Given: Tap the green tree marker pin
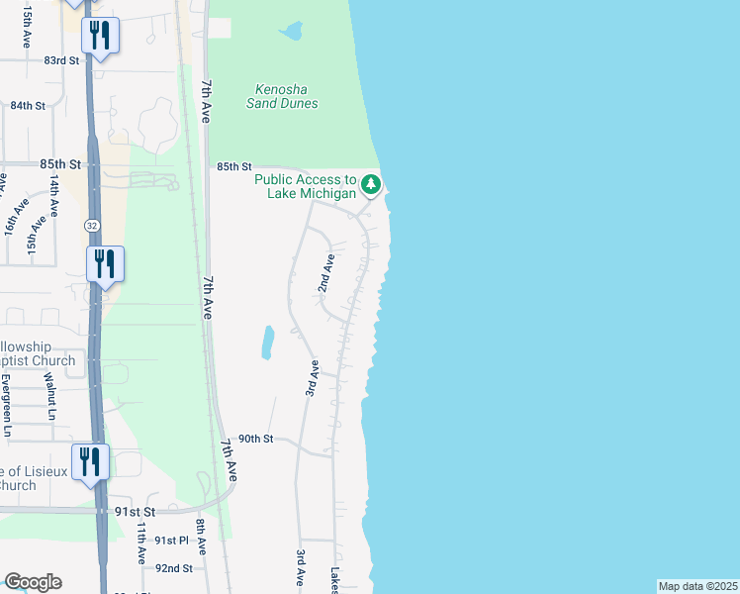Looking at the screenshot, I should coord(371,184).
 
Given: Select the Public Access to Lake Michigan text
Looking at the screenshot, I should coord(305,186).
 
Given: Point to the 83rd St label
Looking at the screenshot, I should coord(60,60).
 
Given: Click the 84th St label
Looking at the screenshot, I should coord(29,106).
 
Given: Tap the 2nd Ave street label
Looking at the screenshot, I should coord(325,272).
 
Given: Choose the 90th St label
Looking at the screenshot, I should coord(253,439).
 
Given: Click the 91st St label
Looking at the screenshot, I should coord(135,512).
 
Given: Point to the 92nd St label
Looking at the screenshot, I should coord(174,568).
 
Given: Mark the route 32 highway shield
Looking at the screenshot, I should coord(90,226).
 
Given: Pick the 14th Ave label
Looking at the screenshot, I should coord(55,195).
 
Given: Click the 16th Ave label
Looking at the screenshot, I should coord(12,217).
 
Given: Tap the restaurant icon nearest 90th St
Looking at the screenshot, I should coord(91,462).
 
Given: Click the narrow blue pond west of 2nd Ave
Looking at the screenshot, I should coord(267,343).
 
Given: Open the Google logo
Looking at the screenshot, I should coord(33,582).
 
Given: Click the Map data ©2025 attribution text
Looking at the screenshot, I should coord(697,586).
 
